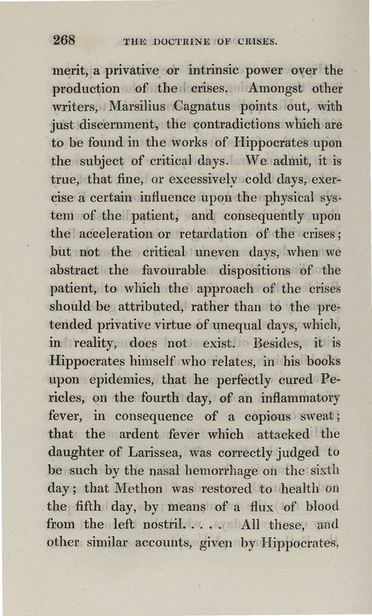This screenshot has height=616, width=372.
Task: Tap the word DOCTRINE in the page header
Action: pyautogui.click(x=179, y=43)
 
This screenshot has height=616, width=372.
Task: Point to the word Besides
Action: pyautogui.click(x=279, y=343)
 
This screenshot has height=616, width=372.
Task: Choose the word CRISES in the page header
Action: pyautogui.click(x=258, y=43)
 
